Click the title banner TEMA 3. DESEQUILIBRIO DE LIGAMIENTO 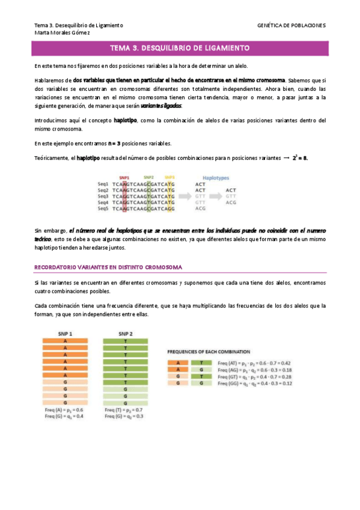[x=180, y=48]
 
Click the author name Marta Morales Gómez [x=63, y=33]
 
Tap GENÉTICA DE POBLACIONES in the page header [x=291, y=26]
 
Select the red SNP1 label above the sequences [x=124, y=178]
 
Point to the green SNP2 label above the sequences [x=148, y=178]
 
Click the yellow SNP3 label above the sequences [x=170, y=178]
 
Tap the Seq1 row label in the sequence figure [x=103, y=184]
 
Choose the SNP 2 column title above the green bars [x=125, y=334]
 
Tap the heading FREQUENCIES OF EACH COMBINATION [x=209, y=351]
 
